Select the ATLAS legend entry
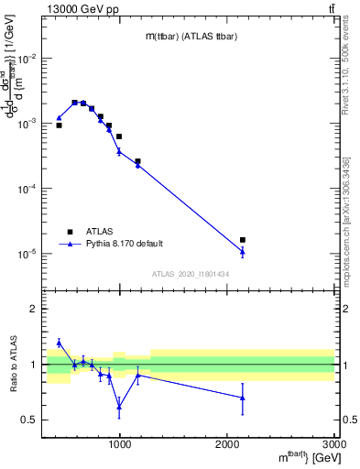tap(101, 232)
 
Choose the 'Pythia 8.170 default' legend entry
tap(124, 244)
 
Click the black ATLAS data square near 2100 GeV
tap(243, 240)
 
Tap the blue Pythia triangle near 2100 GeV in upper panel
tap(243, 251)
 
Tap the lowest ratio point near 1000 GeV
tap(119, 406)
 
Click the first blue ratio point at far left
tap(59, 343)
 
